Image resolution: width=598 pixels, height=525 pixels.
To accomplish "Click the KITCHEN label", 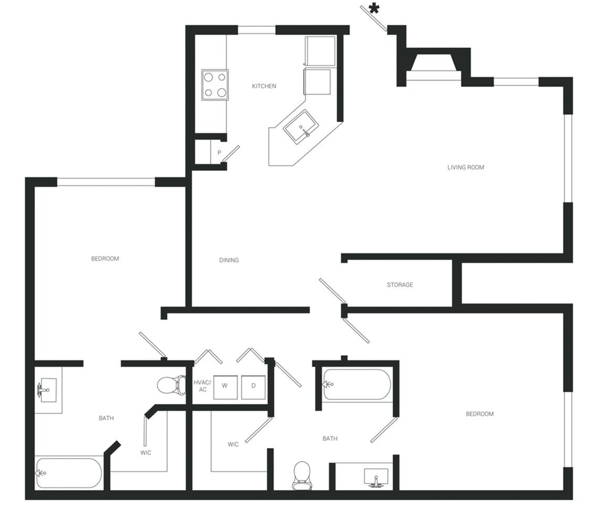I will [264, 86].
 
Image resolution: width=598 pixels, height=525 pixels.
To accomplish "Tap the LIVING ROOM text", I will [465, 167].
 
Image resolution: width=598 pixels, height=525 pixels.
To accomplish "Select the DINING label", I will [229, 260].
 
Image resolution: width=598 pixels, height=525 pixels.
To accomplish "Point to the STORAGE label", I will [400, 285].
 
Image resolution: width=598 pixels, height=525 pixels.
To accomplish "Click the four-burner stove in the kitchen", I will [215, 85].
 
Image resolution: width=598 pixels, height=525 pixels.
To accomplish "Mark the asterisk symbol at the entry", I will [373, 8].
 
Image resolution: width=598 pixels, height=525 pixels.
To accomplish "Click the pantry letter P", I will [219, 153].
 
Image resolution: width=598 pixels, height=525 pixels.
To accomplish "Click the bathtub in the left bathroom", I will [69, 472].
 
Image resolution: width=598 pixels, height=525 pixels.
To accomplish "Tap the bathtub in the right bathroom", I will [357, 384].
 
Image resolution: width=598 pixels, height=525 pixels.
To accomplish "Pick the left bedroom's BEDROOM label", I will [105, 258].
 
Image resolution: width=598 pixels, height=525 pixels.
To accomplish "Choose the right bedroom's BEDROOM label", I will [479, 414].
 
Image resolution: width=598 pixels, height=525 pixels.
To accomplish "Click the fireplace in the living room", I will [433, 66].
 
